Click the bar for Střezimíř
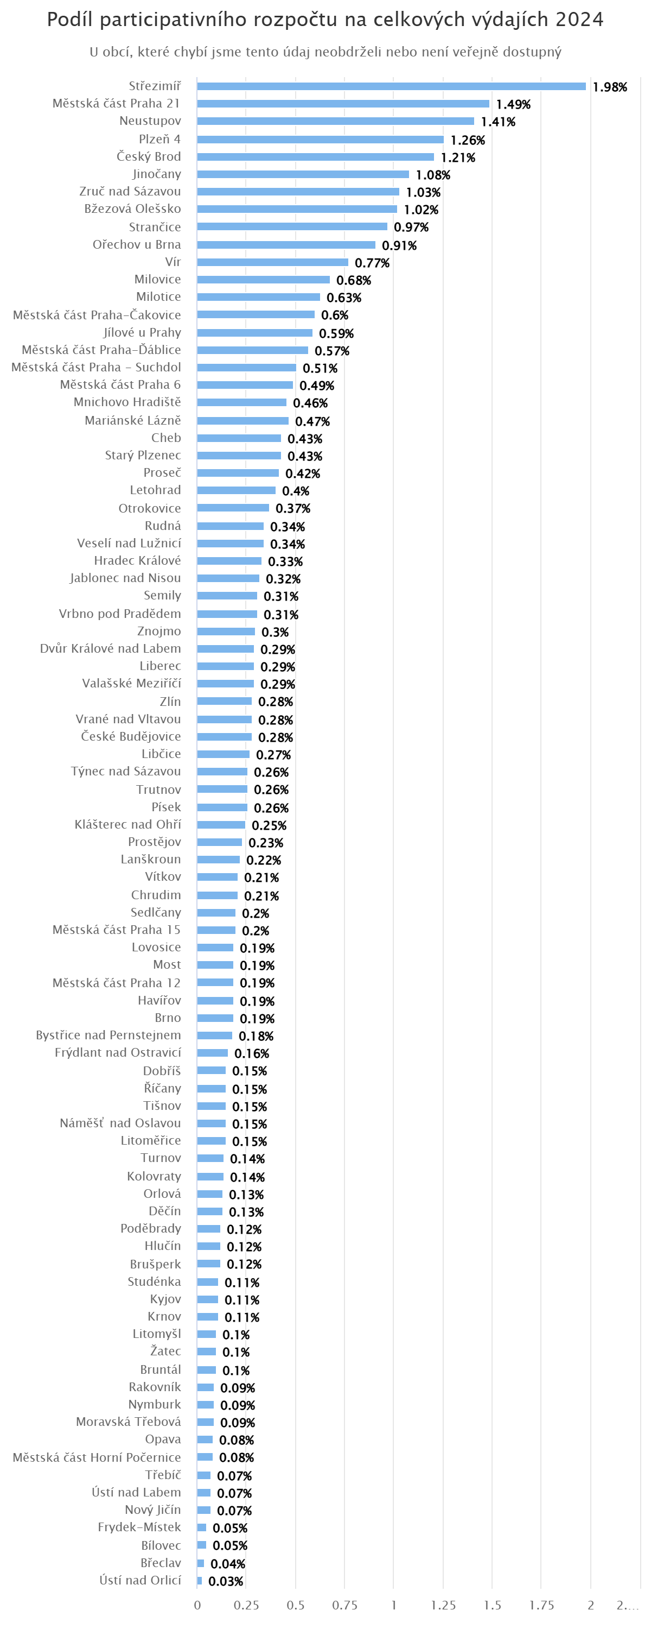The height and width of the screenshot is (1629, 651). (391, 86)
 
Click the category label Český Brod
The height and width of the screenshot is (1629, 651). (149, 156)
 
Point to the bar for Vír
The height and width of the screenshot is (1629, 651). (272, 262)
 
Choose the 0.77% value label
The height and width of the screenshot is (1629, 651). (372, 262)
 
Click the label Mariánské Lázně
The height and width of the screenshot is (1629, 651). (133, 420)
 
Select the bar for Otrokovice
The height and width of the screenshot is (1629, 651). (233, 508)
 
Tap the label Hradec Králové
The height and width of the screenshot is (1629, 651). (137, 560)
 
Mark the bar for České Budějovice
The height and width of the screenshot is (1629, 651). (225, 737)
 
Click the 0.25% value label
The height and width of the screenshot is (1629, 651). (269, 825)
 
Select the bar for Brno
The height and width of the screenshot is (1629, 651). (215, 1018)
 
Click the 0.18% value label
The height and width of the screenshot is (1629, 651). (256, 1036)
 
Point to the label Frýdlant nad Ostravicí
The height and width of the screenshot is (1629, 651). (118, 1052)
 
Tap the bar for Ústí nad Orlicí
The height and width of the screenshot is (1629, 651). (200, 1580)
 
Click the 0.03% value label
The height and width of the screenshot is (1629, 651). (226, 1581)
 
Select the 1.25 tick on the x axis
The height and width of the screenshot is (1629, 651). (443, 1605)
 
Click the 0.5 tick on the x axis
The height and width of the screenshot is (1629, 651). (295, 1605)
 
